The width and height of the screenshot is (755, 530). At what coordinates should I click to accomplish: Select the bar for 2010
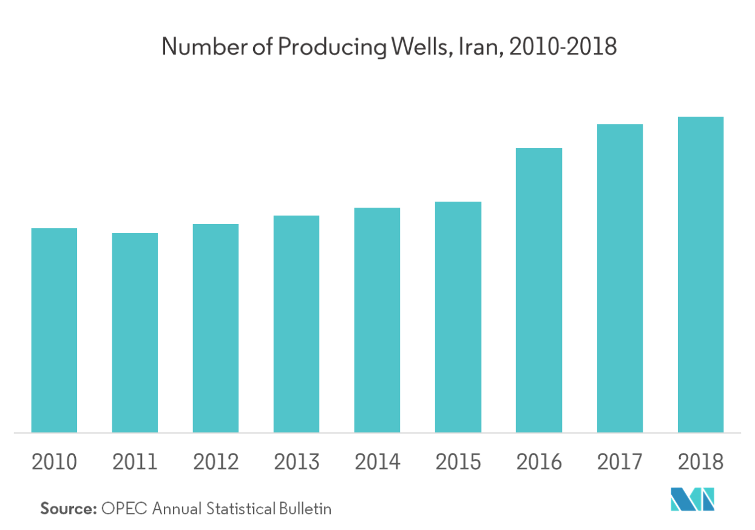(x=54, y=330)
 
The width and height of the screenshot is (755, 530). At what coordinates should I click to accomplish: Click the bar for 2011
(x=135, y=333)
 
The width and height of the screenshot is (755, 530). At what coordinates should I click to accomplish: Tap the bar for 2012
(x=215, y=328)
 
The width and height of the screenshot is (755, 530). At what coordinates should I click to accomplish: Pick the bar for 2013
(x=296, y=324)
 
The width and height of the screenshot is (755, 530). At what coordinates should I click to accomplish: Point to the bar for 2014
(x=377, y=320)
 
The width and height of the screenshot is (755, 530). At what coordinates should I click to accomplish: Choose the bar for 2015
(x=458, y=317)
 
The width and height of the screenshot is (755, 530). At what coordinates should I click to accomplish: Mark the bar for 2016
(x=539, y=290)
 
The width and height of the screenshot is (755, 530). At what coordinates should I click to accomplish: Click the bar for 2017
(x=620, y=278)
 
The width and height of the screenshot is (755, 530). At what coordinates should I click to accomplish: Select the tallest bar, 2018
(x=700, y=274)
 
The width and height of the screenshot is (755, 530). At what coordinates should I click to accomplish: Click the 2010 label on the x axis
(x=54, y=463)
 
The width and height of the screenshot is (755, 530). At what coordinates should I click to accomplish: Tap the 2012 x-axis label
(x=215, y=463)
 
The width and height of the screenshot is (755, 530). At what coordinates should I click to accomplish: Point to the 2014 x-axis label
(x=377, y=463)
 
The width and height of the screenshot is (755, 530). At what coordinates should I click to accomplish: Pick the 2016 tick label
(x=539, y=463)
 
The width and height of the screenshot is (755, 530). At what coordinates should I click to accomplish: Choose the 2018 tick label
(x=700, y=463)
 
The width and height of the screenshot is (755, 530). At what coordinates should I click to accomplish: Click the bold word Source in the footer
(x=69, y=508)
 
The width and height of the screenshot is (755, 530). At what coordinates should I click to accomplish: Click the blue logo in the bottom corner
(x=692, y=499)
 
